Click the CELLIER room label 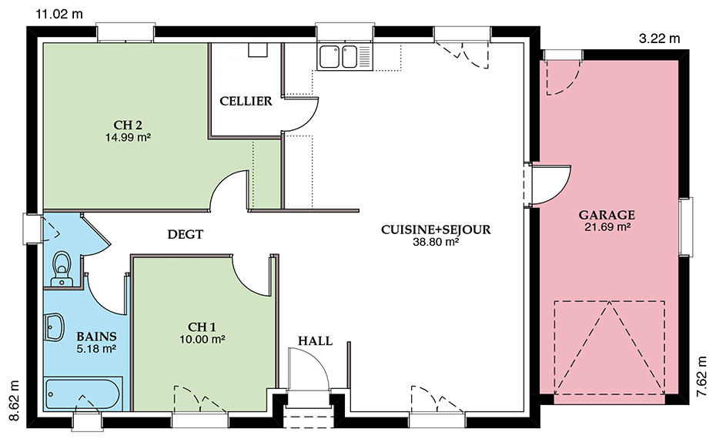[246, 101]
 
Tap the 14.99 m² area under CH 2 [128, 137]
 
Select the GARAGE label [607, 215]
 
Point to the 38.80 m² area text [436, 242]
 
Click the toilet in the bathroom [62, 269]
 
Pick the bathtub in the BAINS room [82, 393]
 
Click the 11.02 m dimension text [59, 14]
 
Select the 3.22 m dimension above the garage [659, 39]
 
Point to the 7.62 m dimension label [702, 377]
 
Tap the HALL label [315, 340]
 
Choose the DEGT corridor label [185, 234]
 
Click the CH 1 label [202, 327]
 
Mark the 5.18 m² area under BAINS [96, 349]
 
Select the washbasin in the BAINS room [55, 327]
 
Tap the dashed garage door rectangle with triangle [609, 347]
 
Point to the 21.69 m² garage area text [607, 227]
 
